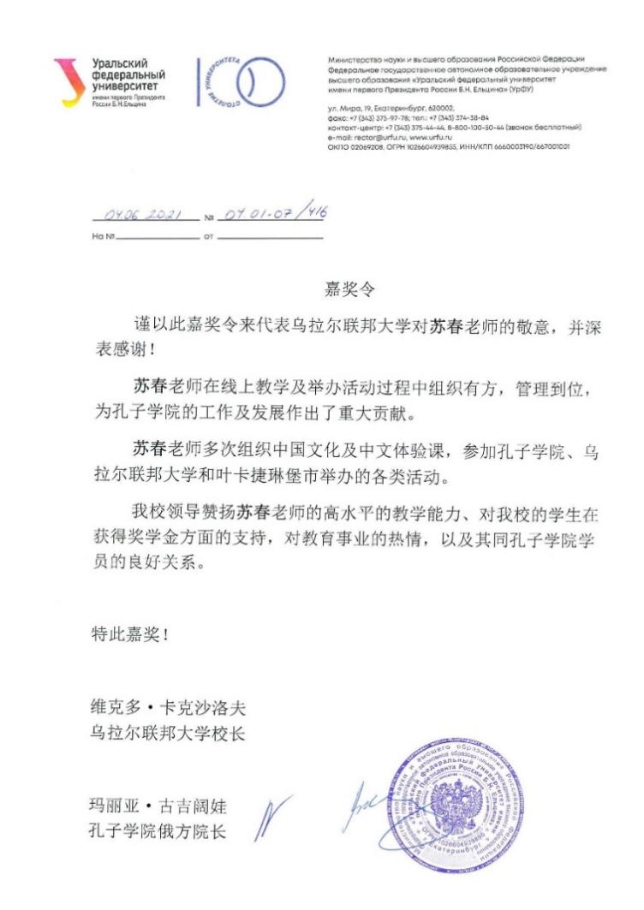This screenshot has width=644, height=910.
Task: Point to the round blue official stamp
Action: click(x=446, y=797)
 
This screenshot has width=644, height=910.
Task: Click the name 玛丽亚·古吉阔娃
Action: click(x=159, y=806)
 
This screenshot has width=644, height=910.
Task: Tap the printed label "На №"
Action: click(x=103, y=235)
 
